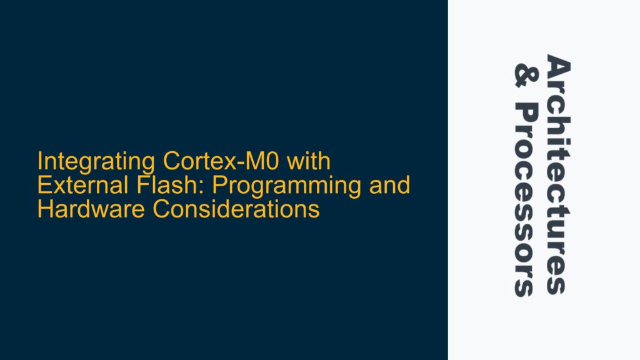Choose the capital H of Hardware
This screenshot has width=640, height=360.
(x=45, y=209)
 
